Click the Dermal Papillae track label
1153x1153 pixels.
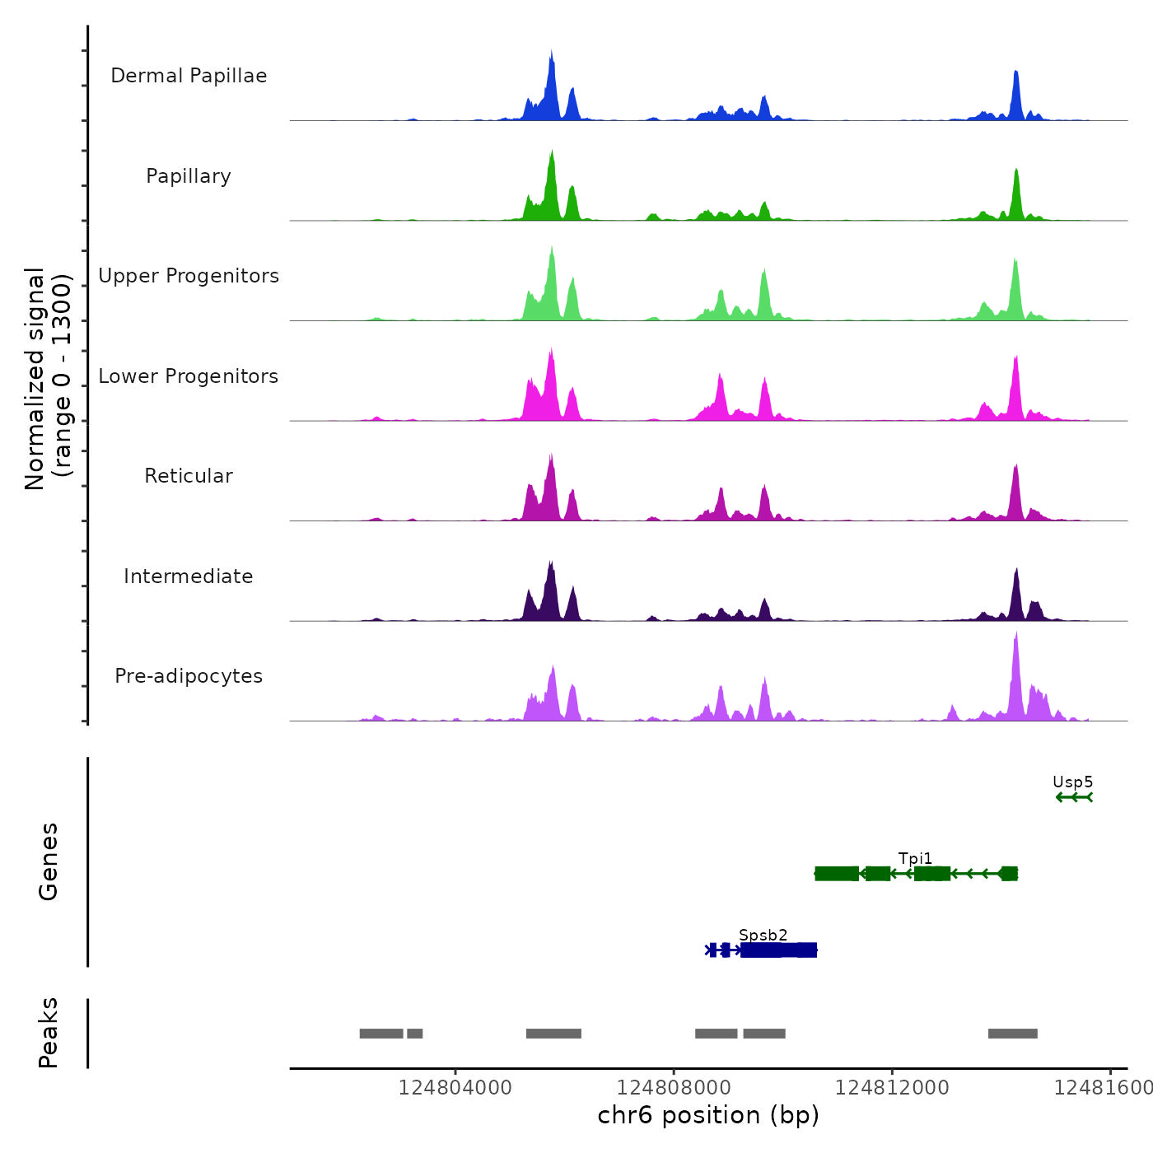coord(189,76)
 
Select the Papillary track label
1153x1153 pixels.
coord(189,176)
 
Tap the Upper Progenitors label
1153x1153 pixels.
coord(189,276)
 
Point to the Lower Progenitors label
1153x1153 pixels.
coord(189,376)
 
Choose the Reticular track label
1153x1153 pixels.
coord(189,476)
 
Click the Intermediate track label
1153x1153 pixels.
coord(189,576)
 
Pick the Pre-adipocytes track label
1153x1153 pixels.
coord(189,676)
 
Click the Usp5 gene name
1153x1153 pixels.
coord(1072,782)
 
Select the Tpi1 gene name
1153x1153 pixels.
coord(915,859)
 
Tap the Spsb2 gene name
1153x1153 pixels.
coord(763,935)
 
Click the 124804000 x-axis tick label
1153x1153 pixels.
coord(455,1088)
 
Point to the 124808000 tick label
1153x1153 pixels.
coord(674,1088)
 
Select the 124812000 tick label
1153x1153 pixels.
coord(892,1088)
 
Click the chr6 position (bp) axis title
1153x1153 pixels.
coord(708,1115)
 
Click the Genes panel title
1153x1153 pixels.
coord(49,861)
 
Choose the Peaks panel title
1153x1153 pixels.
coord(49,1033)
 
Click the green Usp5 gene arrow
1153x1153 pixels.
coord(1074,797)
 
